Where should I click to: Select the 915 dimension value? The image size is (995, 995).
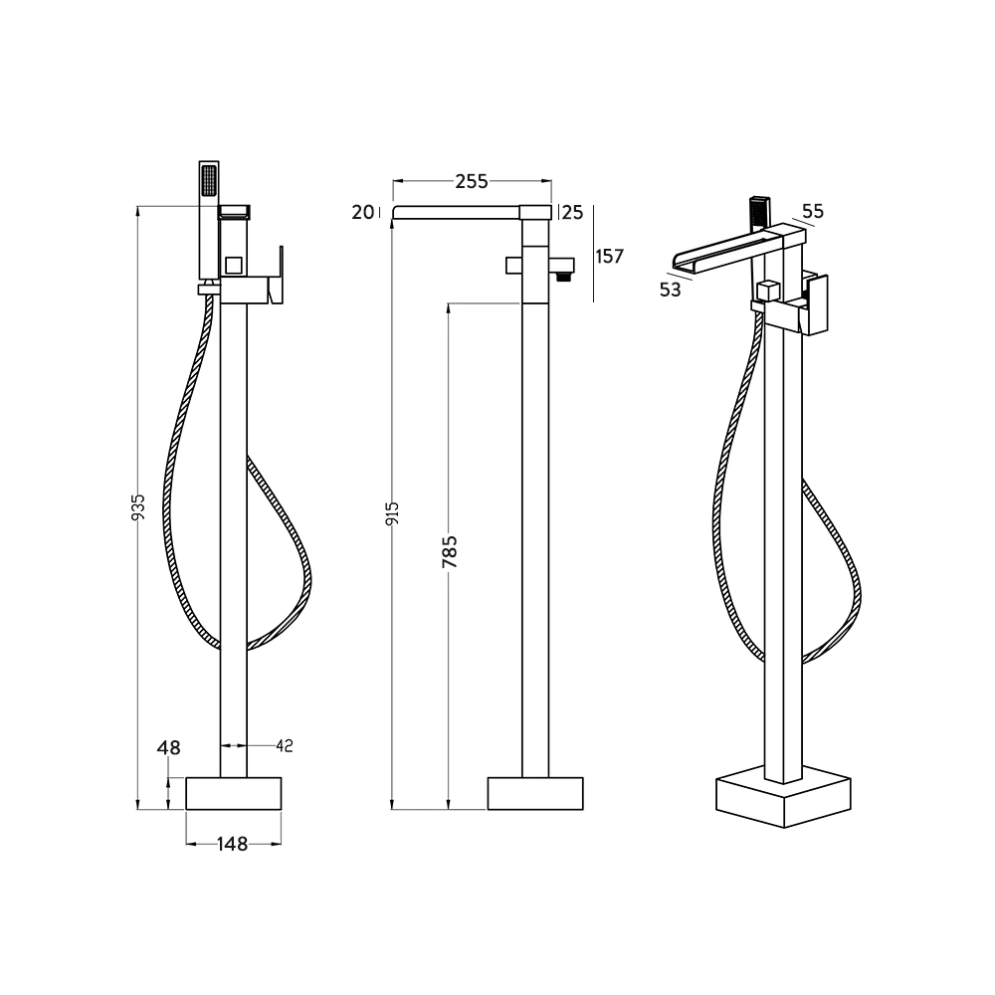coord(393,513)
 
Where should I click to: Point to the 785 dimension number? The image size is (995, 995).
coord(450,552)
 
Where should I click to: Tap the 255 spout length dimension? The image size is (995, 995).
coord(472,181)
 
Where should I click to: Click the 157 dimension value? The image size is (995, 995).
coord(608,256)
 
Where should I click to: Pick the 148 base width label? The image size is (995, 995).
coord(232,844)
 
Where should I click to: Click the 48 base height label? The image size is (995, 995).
coord(168,748)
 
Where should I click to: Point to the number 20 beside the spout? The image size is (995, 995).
coord(362,211)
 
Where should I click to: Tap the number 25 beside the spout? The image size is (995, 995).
coord(572,211)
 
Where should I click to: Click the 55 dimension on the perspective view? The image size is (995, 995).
coord(813,211)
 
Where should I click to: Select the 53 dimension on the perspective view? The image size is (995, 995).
coord(671,290)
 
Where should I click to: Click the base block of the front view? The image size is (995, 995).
coord(234,793)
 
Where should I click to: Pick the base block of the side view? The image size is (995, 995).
coord(535,793)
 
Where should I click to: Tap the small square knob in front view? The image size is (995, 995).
coord(234,265)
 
